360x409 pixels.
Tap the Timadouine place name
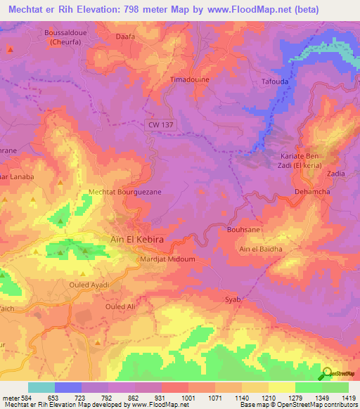tap(190, 80)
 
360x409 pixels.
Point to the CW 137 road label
tap(160, 124)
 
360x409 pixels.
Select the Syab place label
tap(233, 299)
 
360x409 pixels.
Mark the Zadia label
tap(335, 173)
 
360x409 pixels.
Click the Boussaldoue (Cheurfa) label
tap(67, 38)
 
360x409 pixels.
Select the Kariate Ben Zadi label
tap(311, 152)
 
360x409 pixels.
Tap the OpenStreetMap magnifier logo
tap(326, 373)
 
